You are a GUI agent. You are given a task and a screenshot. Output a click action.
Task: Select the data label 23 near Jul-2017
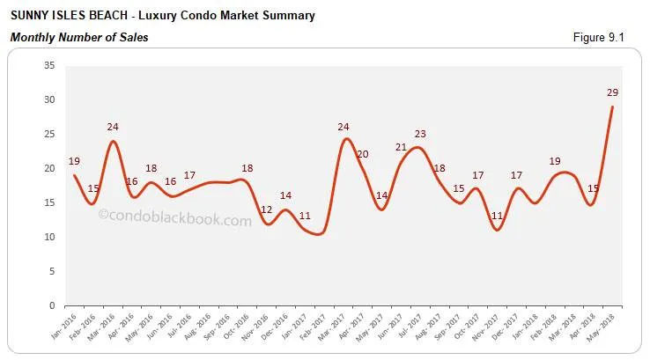point(420,135)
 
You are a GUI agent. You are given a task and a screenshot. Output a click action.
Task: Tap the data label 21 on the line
point(401,147)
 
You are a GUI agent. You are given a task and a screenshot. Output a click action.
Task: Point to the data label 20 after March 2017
point(362,154)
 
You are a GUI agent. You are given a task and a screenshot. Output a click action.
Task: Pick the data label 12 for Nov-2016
point(267,209)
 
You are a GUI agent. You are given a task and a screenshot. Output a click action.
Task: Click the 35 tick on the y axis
point(49,66)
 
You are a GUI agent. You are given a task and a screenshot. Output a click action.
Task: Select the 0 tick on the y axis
point(53,306)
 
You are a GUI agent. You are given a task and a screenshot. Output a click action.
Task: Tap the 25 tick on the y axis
point(49,135)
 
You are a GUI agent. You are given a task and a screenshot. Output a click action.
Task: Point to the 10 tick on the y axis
point(49,238)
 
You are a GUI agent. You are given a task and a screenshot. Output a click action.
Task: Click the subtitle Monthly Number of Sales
point(78,37)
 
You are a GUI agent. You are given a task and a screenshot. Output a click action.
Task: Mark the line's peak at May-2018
point(612,107)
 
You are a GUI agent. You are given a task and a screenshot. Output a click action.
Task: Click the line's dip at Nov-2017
point(497,230)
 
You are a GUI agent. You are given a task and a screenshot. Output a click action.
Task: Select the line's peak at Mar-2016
point(113,142)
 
